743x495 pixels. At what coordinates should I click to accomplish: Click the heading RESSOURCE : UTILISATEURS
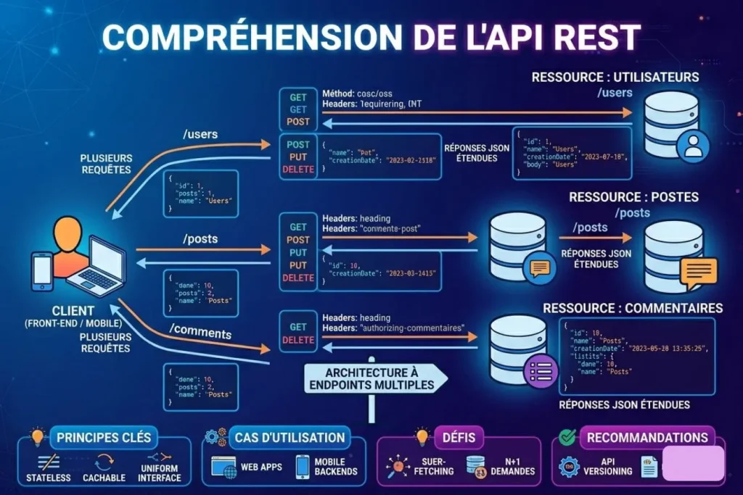pos(615,77)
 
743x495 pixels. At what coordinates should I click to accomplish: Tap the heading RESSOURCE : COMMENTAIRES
pos(633,308)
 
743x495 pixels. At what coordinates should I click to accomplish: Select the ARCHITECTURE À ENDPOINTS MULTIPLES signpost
pos(371,379)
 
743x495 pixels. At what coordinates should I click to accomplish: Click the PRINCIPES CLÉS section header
pos(104,437)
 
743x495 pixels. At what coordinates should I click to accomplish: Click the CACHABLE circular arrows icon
pos(104,459)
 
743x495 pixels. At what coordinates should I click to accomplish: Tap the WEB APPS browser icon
pos(225,466)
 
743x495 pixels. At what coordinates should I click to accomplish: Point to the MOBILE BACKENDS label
pos(336,466)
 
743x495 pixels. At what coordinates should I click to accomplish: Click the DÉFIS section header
pos(459,437)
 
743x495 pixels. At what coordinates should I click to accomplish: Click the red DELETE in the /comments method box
pos(298,340)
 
